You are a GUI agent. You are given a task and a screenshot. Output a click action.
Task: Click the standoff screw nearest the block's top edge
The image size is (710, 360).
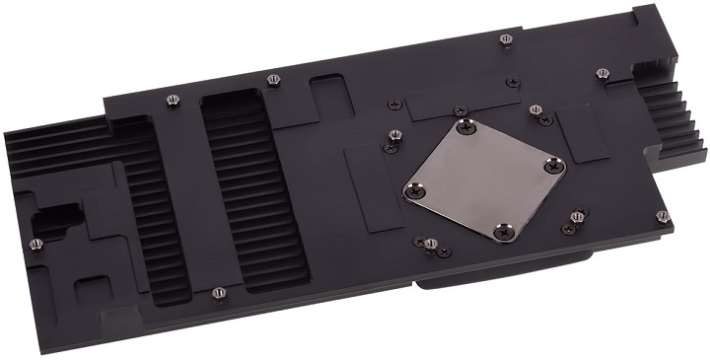click(505, 38)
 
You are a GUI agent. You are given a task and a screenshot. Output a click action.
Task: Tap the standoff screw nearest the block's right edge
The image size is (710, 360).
click(663, 215)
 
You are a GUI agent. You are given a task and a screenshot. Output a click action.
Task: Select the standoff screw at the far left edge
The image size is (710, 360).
click(36, 244)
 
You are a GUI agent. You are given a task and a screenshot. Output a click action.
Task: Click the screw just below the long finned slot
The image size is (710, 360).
click(218, 292)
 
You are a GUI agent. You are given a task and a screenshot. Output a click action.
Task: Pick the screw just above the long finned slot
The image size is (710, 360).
click(273, 79)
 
